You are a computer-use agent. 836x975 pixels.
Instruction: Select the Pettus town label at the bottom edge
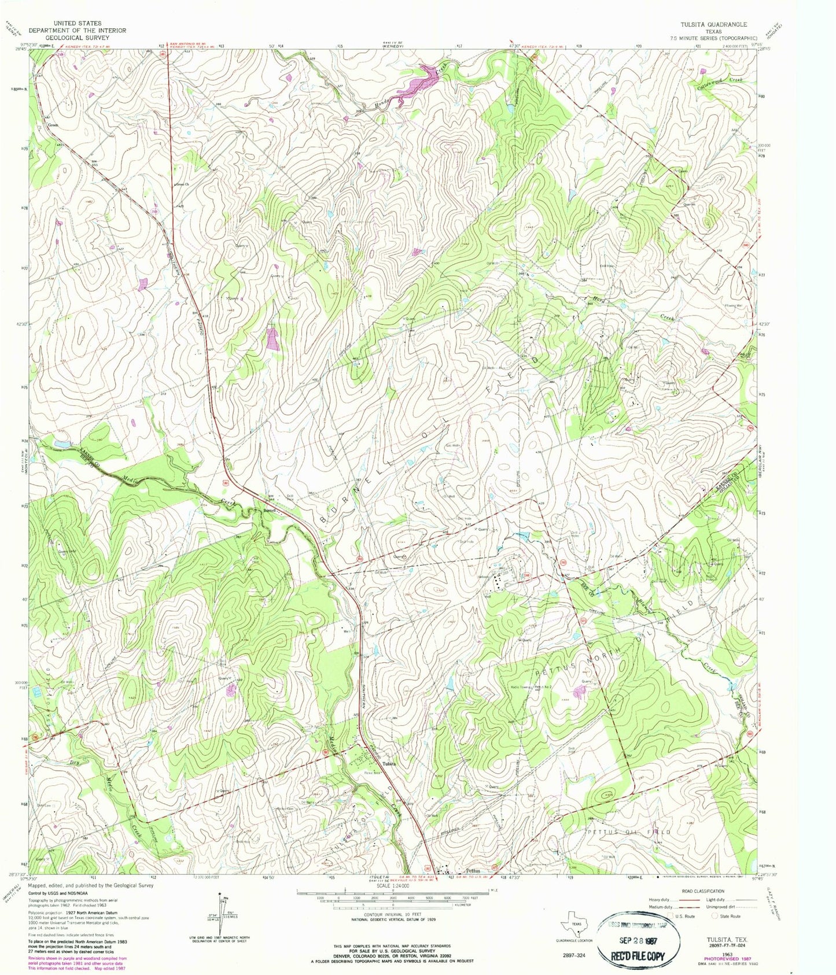tap(473, 870)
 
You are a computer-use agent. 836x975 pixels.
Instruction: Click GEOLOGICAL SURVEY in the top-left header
tap(77, 37)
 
